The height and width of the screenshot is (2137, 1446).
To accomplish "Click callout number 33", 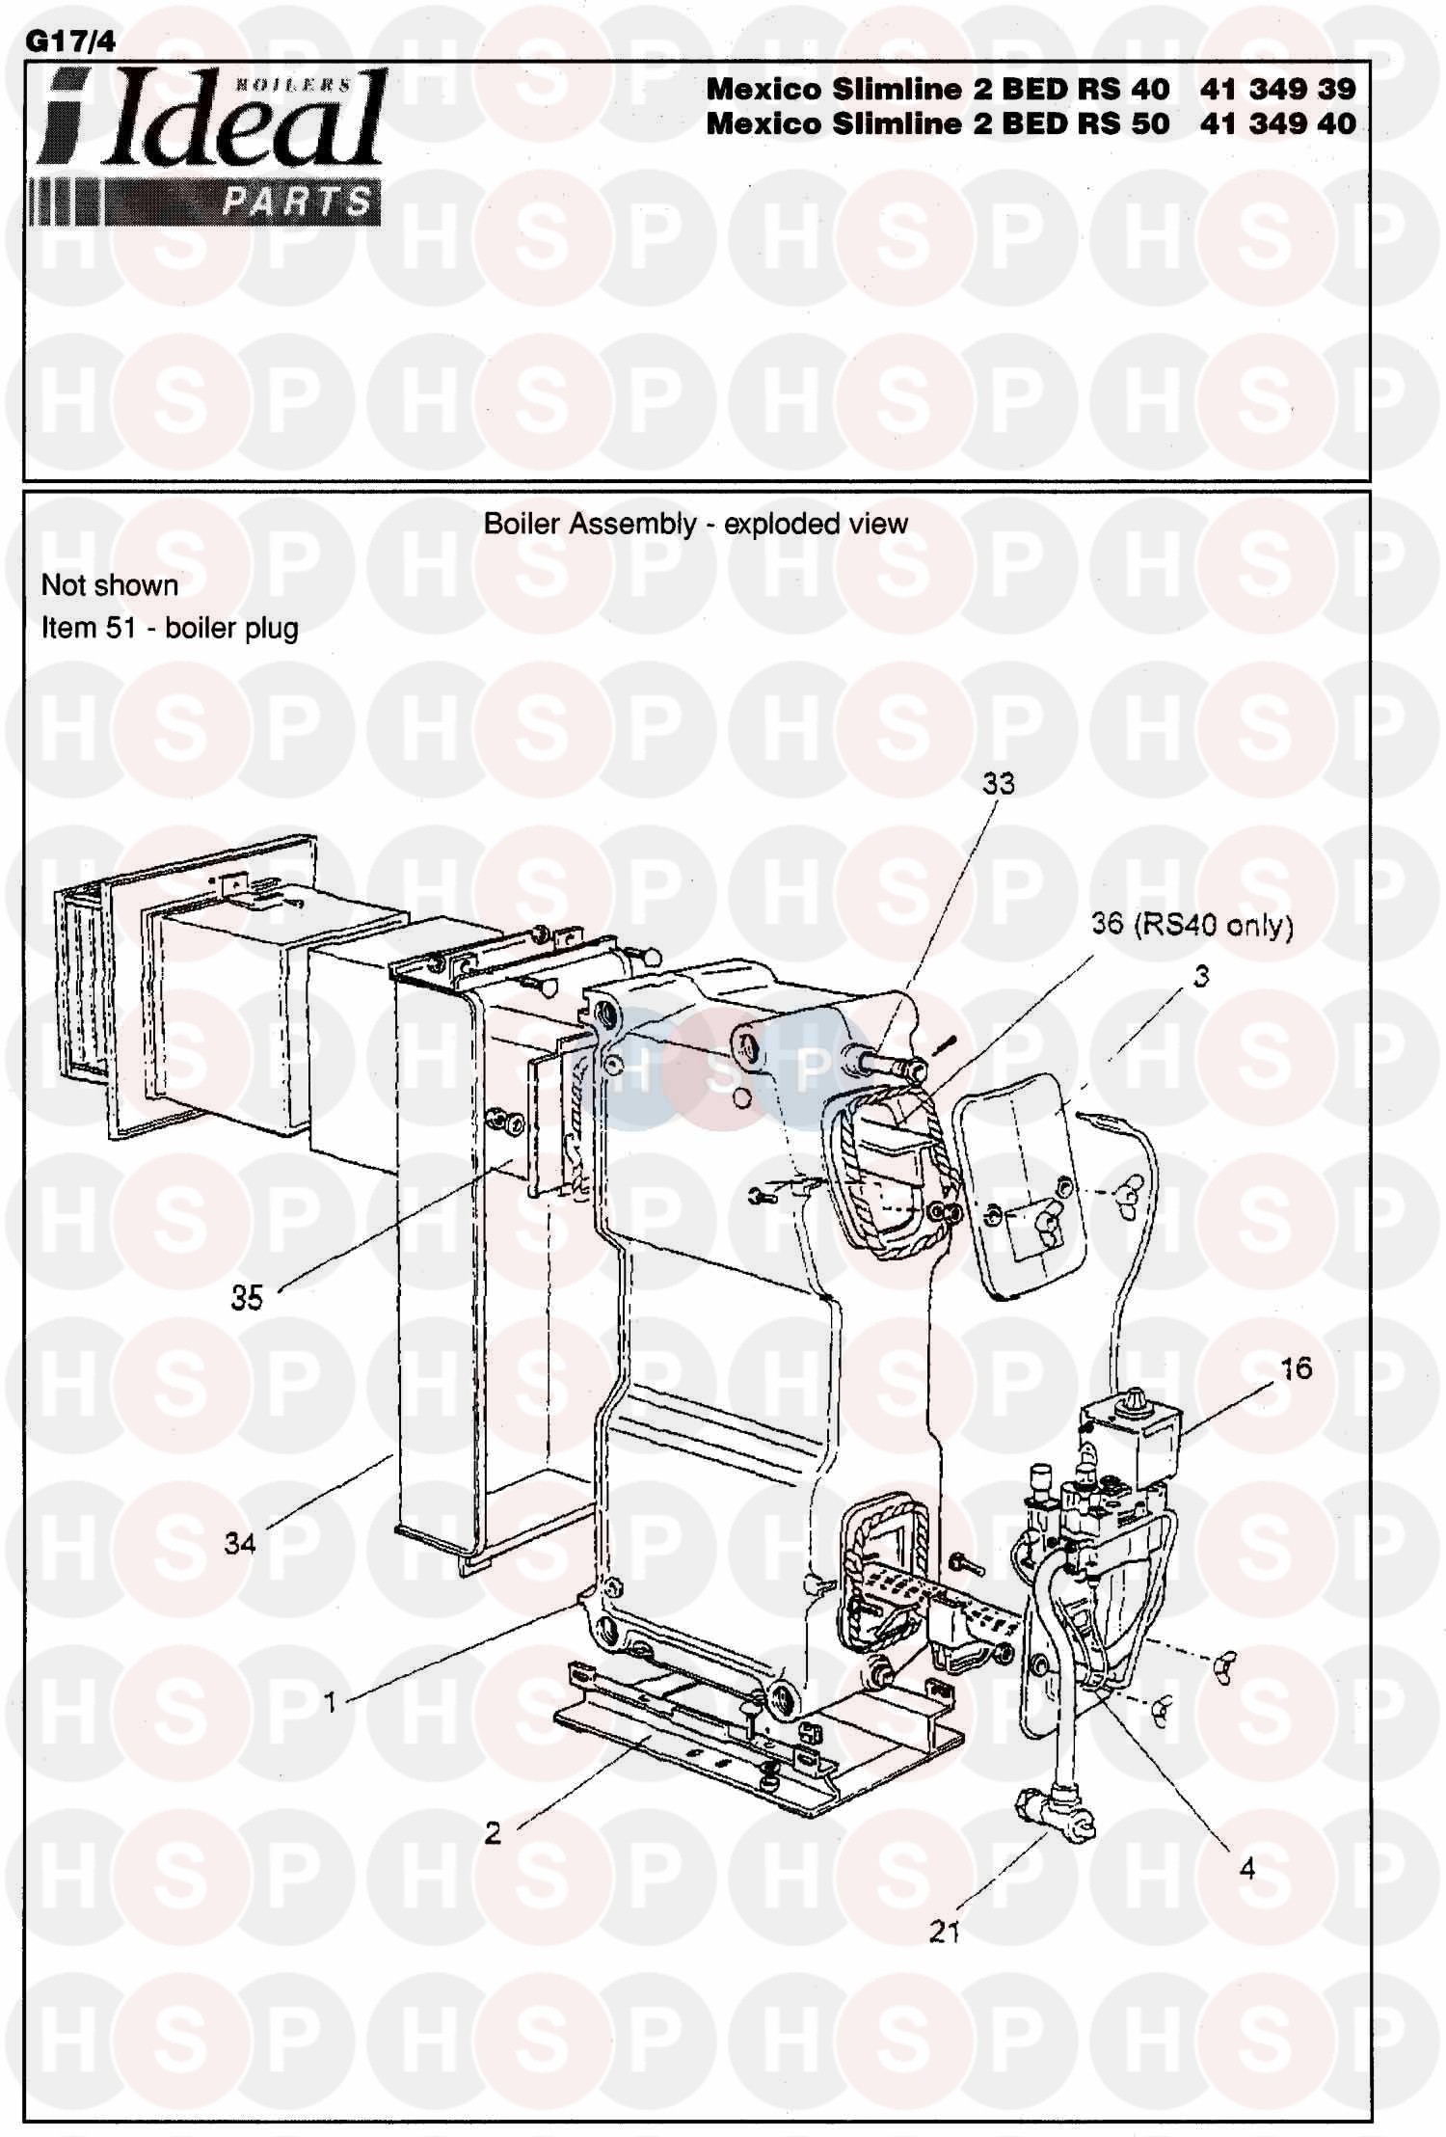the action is (999, 783).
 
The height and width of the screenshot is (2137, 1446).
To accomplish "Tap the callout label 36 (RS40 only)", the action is (1192, 925).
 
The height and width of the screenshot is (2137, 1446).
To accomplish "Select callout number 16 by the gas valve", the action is (1296, 1367).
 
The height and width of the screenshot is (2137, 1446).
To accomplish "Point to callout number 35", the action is (247, 1297).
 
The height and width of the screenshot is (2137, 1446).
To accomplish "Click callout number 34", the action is (240, 1543).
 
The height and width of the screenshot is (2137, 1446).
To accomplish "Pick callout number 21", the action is (945, 1931).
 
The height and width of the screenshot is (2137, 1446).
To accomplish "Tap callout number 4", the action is (1247, 1868).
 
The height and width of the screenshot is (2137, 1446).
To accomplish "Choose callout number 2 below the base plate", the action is (493, 1832).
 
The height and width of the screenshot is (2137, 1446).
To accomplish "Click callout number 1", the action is (330, 1702).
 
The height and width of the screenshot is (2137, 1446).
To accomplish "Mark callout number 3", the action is (1201, 977).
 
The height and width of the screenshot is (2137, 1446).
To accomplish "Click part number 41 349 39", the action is (1277, 89).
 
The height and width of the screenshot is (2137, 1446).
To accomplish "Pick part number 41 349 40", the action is (1277, 123).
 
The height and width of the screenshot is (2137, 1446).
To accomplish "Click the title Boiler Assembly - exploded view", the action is (695, 524).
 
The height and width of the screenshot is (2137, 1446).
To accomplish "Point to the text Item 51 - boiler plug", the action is (170, 628).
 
